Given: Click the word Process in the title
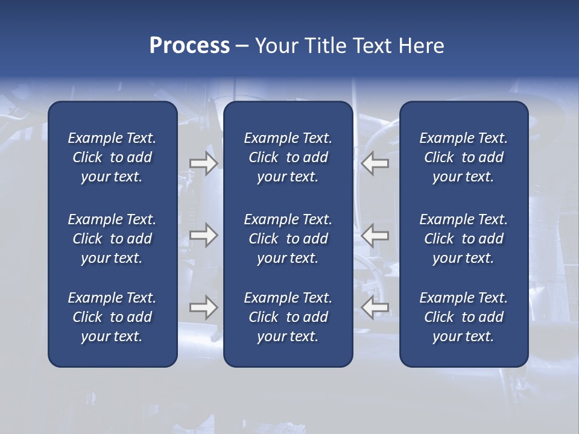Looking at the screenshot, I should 189,46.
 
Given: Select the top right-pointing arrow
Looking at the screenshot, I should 203,163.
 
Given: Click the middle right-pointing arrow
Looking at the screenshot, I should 203,235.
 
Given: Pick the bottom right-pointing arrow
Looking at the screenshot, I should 203,307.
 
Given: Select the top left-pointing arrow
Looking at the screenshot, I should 375,163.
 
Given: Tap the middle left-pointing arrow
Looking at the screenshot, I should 375,235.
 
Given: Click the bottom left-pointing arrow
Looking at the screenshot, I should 375,307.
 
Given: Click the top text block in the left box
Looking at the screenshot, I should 112,157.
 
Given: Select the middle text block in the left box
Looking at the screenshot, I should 112,239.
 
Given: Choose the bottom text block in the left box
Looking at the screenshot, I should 112,317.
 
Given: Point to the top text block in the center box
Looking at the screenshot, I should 288,157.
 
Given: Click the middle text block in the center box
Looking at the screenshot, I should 288,239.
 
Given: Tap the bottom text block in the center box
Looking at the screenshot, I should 288,317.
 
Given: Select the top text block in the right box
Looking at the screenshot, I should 464,157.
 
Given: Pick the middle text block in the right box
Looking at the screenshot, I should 464,239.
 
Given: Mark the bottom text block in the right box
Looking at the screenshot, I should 464,317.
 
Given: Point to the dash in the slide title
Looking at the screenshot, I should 242,46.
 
